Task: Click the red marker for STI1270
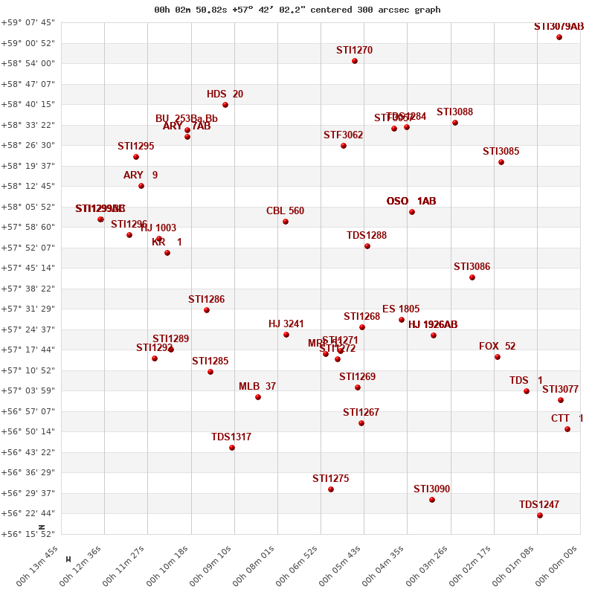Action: [355, 61]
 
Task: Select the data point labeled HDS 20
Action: [225, 105]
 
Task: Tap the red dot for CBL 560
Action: [286, 222]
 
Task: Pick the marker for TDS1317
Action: [232, 448]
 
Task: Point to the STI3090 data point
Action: [432, 500]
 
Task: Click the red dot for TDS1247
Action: [540, 515]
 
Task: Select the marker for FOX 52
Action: [498, 357]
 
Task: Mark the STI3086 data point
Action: [472, 277]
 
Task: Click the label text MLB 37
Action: [257, 387]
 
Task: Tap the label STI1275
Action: [331, 479]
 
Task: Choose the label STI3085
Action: [501, 152]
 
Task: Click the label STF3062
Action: [344, 135]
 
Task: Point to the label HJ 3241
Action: [286, 324]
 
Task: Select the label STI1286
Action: [207, 300]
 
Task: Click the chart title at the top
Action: [297, 10]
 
